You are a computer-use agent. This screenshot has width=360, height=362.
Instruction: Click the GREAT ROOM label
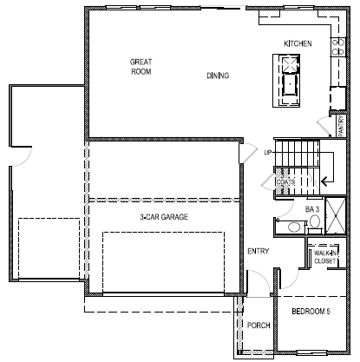click(141, 68)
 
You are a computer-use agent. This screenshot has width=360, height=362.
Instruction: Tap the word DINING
click(218, 76)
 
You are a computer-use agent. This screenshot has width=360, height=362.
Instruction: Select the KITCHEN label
click(298, 43)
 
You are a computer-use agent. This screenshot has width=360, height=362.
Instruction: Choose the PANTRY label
click(341, 126)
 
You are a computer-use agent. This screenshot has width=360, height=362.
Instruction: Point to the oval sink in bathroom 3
click(293, 227)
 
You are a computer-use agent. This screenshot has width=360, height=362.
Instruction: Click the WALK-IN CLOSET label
click(325, 256)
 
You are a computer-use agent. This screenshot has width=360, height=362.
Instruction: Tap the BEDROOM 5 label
click(309, 310)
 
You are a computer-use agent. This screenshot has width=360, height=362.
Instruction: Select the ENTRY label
click(258, 252)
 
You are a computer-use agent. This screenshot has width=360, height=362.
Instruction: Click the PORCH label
click(259, 326)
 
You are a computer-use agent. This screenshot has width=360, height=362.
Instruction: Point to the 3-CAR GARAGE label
click(164, 217)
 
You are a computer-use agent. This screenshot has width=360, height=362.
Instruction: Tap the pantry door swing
click(323, 126)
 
